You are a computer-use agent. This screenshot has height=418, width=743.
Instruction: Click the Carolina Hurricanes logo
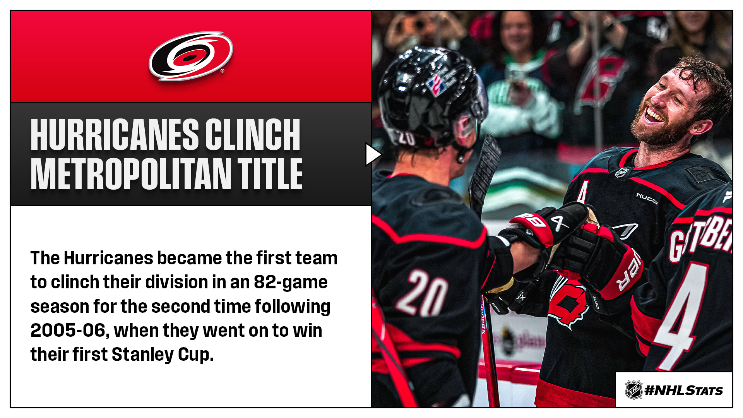(x=191, y=56)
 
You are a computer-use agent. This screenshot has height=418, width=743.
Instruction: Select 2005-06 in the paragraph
(x=68, y=331)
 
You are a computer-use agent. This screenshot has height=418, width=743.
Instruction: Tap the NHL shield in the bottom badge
(x=634, y=390)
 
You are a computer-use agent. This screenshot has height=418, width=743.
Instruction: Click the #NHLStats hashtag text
(x=684, y=390)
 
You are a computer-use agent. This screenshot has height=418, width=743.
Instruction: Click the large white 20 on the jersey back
(x=421, y=292)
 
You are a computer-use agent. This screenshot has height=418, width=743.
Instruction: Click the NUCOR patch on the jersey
(x=647, y=199)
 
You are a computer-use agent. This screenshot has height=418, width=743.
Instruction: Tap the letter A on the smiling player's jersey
(x=582, y=192)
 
